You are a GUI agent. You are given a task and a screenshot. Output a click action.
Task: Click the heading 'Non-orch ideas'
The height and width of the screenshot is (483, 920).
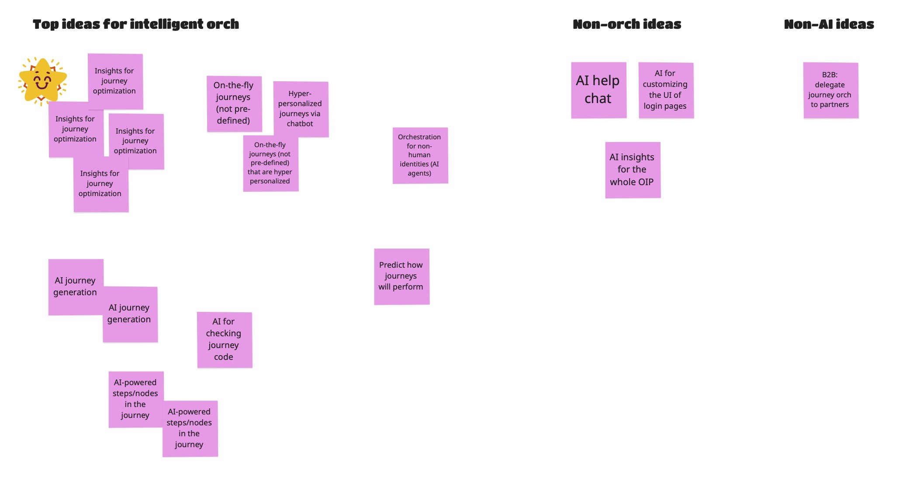(x=627, y=24)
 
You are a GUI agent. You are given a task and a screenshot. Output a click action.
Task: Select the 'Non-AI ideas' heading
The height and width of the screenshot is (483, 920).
(x=829, y=24)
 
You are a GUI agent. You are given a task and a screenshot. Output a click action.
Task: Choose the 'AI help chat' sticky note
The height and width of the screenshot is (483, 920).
(x=598, y=90)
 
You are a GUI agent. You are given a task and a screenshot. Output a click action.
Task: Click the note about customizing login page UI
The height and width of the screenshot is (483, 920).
(x=666, y=90)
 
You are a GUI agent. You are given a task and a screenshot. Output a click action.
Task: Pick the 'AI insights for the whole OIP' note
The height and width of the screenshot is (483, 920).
(x=633, y=170)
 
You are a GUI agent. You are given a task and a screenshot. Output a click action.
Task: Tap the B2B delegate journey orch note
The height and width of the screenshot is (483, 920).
(x=830, y=90)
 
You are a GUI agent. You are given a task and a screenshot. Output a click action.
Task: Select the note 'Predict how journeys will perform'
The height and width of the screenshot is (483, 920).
(x=401, y=276)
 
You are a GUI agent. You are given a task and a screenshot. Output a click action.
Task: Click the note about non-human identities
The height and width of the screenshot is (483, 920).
(x=420, y=155)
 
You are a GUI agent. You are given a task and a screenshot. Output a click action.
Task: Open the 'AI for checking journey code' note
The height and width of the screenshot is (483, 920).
(x=224, y=340)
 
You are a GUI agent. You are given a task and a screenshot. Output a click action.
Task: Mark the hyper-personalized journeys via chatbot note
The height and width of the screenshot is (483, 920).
(x=301, y=109)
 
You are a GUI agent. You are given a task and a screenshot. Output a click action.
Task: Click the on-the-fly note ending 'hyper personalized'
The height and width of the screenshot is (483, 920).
(x=270, y=163)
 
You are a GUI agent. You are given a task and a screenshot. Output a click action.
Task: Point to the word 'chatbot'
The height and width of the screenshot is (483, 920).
(x=300, y=124)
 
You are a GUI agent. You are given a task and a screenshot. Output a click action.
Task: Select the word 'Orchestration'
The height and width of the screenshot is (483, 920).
(x=419, y=137)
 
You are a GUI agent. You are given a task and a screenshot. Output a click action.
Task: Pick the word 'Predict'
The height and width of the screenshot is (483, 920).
(x=392, y=265)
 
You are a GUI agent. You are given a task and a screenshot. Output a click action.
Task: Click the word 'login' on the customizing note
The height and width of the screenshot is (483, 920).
(x=653, y=106)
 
